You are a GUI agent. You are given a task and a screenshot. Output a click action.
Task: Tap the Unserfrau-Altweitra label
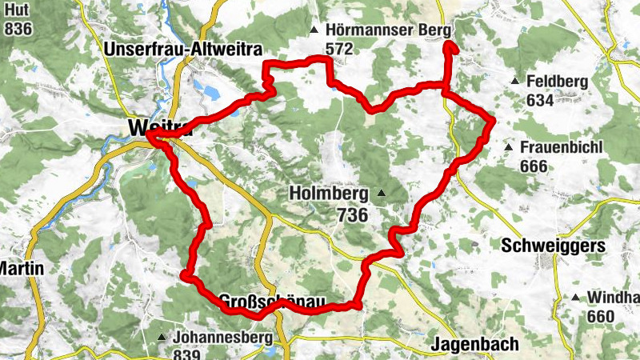click(x=183, y=50)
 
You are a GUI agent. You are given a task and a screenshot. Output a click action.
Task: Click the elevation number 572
click(x=339, y=49)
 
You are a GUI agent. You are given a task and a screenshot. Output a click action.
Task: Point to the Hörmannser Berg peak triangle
click(x=314, y=31)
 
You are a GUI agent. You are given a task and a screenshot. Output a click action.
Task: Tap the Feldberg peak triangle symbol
click(x=515, y=82)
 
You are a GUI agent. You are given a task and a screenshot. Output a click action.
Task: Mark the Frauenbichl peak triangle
click(x=508, y=148)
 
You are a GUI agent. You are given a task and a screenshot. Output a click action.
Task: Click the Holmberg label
click(x=328, y=194)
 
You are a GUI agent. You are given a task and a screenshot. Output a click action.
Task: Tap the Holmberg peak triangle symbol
click(x=382, y=193)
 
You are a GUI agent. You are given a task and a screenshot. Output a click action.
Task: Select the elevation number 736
click(x=352, y=214)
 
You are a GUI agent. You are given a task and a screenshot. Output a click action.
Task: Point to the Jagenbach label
click(x=475, y=344)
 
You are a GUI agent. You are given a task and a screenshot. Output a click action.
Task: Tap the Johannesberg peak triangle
click(x=162, y=337)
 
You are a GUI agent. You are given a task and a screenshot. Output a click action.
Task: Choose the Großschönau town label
click(x=272, y=302)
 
